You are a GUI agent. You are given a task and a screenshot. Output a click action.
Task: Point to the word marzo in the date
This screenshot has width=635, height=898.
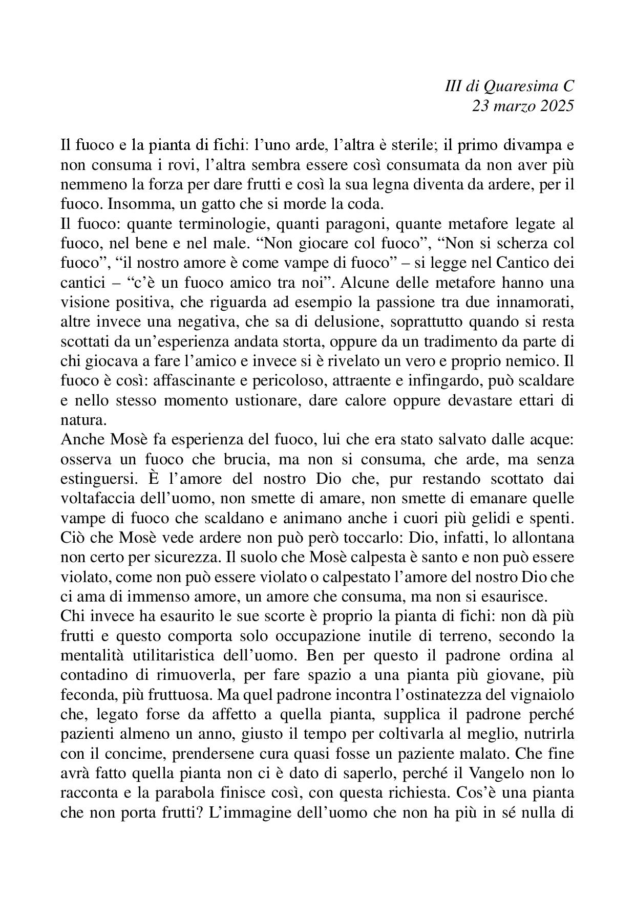(x=513, y=106)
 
